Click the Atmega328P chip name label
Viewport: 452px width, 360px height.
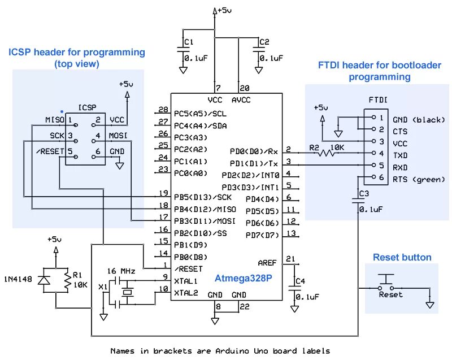(243, 278)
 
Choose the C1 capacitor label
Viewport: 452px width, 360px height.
(189, 42)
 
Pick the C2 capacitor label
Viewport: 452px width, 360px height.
(264, 42)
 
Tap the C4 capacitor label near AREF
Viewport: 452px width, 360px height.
(300, 281)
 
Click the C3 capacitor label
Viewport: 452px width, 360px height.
(364, 194)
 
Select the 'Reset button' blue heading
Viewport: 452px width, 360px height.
(402, 258)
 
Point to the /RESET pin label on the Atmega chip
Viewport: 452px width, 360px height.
(189, 269)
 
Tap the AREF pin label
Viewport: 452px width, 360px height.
(267, 263)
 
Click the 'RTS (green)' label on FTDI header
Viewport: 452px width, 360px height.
(419, 180)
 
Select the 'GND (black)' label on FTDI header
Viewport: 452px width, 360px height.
(419, 119)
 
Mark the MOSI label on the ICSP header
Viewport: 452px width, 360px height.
(117, 136)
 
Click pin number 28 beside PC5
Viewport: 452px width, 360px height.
(163, 110)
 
